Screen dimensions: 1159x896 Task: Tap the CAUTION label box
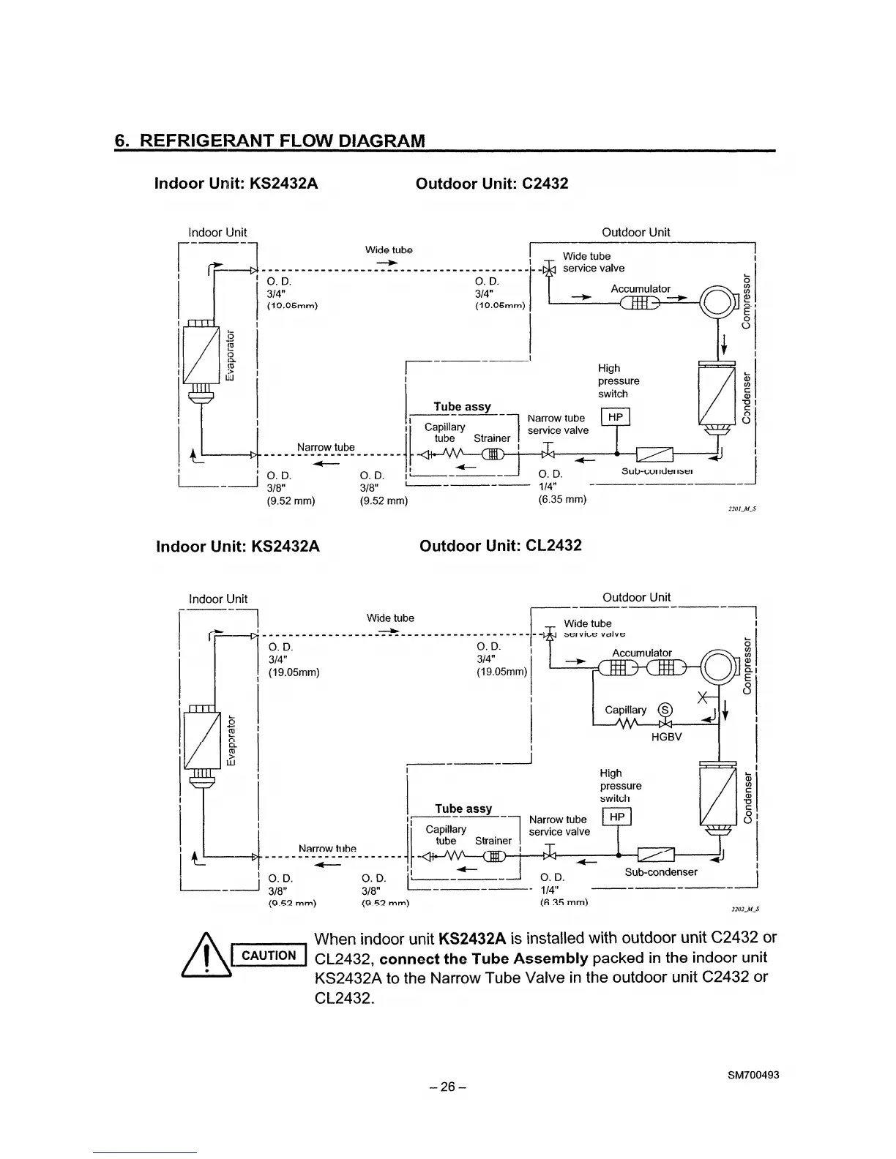269,955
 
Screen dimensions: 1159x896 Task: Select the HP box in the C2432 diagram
615,417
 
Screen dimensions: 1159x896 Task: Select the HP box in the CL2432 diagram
616,817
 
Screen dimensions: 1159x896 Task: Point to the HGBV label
666,737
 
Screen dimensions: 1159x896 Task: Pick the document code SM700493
753,1075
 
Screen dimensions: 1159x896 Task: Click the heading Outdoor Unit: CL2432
501,546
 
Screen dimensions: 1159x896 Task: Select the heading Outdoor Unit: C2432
492,183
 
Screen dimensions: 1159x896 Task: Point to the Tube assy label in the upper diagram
462,406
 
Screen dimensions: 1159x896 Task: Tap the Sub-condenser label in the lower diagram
661,872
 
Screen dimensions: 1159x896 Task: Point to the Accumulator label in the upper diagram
641,289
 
